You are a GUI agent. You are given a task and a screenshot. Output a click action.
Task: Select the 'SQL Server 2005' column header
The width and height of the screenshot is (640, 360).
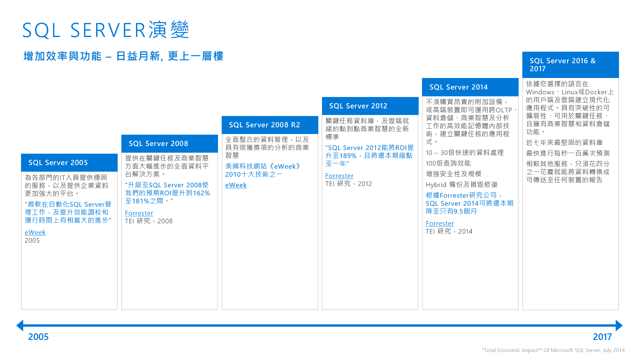[58, 163]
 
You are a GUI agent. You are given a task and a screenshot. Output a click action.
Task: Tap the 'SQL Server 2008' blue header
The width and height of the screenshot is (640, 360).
[158, 144]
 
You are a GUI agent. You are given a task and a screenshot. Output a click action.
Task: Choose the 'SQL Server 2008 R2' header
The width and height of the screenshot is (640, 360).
[264, 125]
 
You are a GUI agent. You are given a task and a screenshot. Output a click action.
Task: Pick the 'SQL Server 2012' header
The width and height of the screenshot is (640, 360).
[358, 106]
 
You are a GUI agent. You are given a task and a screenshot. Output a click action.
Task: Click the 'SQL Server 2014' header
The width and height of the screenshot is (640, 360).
[458, 87]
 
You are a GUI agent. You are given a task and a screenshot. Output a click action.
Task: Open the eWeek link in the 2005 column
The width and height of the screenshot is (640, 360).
[35, 232]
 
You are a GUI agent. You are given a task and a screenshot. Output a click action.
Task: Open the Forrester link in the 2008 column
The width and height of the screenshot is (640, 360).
[139, 213]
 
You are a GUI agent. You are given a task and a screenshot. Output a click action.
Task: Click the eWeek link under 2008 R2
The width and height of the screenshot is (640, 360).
[236, 185]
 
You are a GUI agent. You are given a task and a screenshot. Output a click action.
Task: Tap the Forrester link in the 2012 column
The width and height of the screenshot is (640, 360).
[339, 176]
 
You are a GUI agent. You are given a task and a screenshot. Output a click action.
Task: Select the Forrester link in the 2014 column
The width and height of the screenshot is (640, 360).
[440, 223]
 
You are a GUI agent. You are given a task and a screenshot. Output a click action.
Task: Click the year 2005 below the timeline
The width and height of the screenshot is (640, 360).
[38, 337]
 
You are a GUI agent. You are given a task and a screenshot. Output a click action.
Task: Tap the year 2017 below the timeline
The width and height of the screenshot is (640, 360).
[602, 337]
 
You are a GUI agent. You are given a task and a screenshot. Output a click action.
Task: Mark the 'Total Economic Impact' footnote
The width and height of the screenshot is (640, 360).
[553, 350]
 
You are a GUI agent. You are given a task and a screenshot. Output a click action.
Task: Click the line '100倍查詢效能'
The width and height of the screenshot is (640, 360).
[448, 163]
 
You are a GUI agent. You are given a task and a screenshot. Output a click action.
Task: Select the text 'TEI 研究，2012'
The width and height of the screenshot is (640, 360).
[348, 184]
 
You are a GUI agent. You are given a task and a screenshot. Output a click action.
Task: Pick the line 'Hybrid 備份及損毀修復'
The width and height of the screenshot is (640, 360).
[461, 185]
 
